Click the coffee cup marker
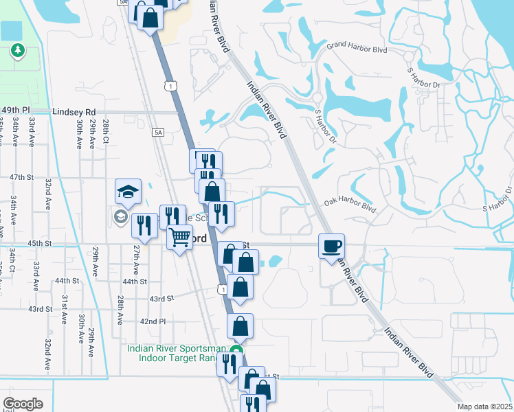332,245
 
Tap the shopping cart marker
180,238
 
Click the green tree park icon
17,50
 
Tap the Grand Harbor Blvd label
357,46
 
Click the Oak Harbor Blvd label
350,204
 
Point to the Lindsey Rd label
73,111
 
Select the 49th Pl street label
16,110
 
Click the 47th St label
21,177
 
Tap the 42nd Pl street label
153,321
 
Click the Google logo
23,404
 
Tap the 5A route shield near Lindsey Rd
159,133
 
